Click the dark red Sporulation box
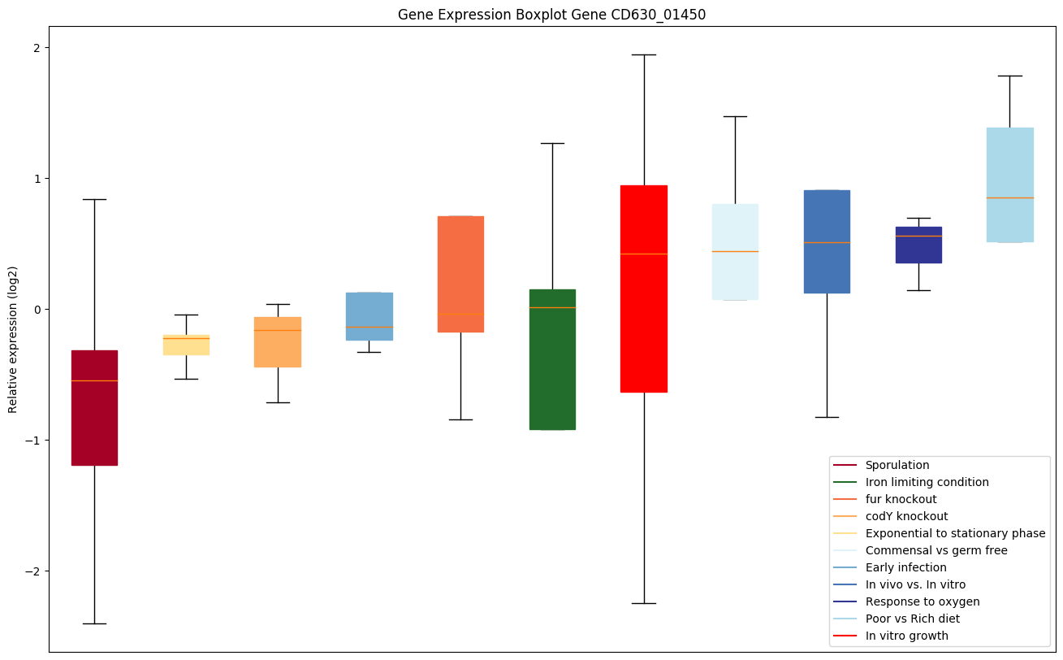(94, 407)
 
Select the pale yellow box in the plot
(186, 345)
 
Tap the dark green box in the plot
(552, 359)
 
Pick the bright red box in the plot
(644, 289)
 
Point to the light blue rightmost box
(1009, 185)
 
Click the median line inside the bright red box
(644, 254)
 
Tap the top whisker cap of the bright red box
(644, 54)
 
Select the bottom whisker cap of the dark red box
(94, 623)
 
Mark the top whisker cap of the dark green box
(552, 143)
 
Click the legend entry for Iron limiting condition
(927, 482)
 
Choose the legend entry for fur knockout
(901, 499)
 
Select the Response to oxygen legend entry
(922, 601)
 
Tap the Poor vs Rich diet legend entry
(912, 619)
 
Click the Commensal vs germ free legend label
(936, 550)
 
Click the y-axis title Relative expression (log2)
(13, 339)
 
